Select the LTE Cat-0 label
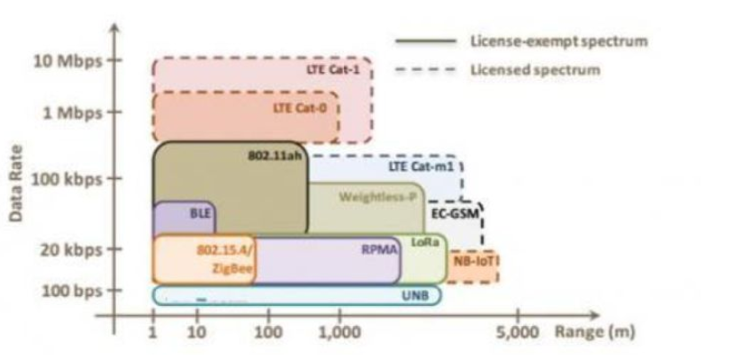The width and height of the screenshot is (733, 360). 305,108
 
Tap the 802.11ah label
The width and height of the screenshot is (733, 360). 276,155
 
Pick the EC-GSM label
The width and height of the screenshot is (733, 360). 454,216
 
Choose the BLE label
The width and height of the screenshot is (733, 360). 198,215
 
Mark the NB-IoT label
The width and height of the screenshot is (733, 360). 476,262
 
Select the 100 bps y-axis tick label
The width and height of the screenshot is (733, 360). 65,291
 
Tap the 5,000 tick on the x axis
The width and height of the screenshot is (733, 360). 518,332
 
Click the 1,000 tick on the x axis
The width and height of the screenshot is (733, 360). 339,332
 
